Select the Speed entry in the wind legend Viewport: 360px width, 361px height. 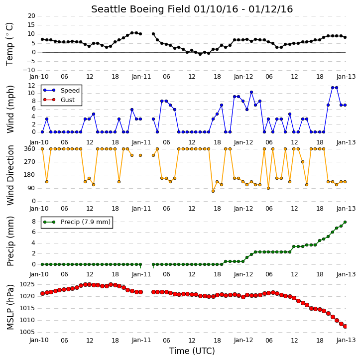coord(61,91)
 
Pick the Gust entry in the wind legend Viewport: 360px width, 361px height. coord(59,100)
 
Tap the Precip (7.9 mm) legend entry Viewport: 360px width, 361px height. coord(77,222)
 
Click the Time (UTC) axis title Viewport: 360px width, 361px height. coord(192,351)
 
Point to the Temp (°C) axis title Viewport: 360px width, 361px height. coord(9,44)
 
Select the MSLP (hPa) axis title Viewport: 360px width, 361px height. coord(10,307)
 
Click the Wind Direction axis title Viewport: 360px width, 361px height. coord(10,175)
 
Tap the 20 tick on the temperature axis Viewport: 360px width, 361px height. coord(31,16)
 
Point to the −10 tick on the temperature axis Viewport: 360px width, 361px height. coord(29,70)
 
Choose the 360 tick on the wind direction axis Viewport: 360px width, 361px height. coord(30,149)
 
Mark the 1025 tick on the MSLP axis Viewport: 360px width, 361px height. coord(27,284)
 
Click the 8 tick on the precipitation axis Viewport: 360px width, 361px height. coord(33,222)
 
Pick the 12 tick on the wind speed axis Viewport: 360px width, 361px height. coord(31,86)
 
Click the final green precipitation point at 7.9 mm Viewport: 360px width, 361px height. coord(345,222)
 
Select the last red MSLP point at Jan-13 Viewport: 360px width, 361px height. coord(345,326)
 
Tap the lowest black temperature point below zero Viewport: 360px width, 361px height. coord(200,54)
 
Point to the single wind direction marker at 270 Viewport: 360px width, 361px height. coord(303,162)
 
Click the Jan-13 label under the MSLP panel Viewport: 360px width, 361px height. coord(346,340)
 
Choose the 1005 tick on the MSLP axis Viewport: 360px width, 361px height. coord(27,332)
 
